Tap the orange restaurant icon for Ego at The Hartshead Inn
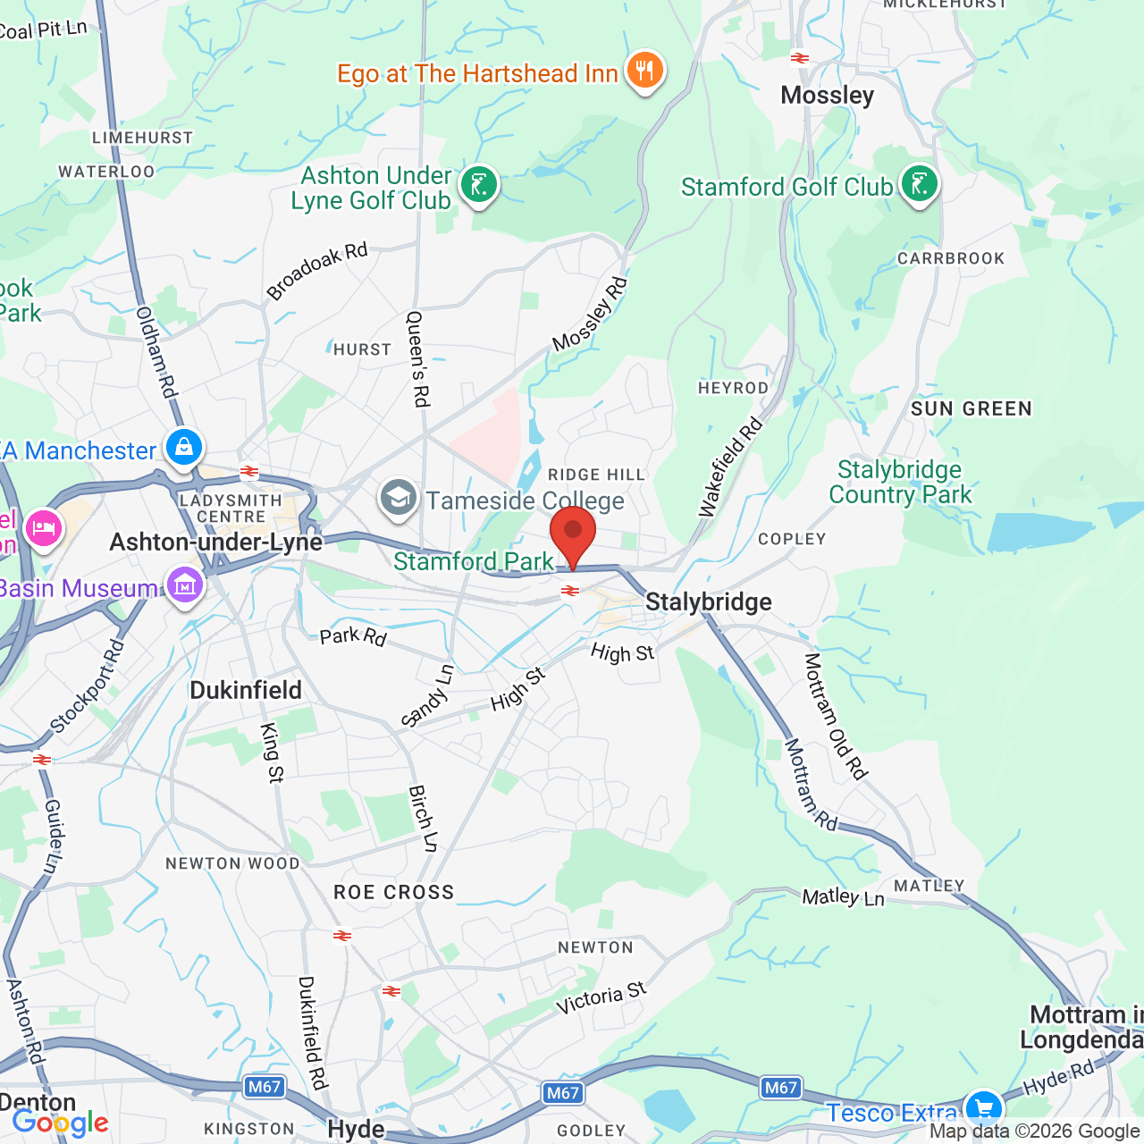tap(644, 71)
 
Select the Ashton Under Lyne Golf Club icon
tap(479, 185)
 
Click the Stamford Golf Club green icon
tap(919, 184)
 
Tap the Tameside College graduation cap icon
tap(399, 498)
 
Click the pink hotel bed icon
tap(43, 528)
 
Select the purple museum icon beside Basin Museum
tap(185, 586)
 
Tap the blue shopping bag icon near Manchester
tap(184, 447)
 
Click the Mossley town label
tap(827, 95)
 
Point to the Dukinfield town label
tap(246, 690)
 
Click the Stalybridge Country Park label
tap(899, 482)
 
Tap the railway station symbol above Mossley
tap(800, 58)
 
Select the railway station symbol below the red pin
tap(569, 591)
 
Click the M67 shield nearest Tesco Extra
tap(780, 1088)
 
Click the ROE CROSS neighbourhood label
tap(393, 892)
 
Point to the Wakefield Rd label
tap(730, 466)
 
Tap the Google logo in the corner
tap(61, 1123)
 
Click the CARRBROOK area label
tap(951, 258)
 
